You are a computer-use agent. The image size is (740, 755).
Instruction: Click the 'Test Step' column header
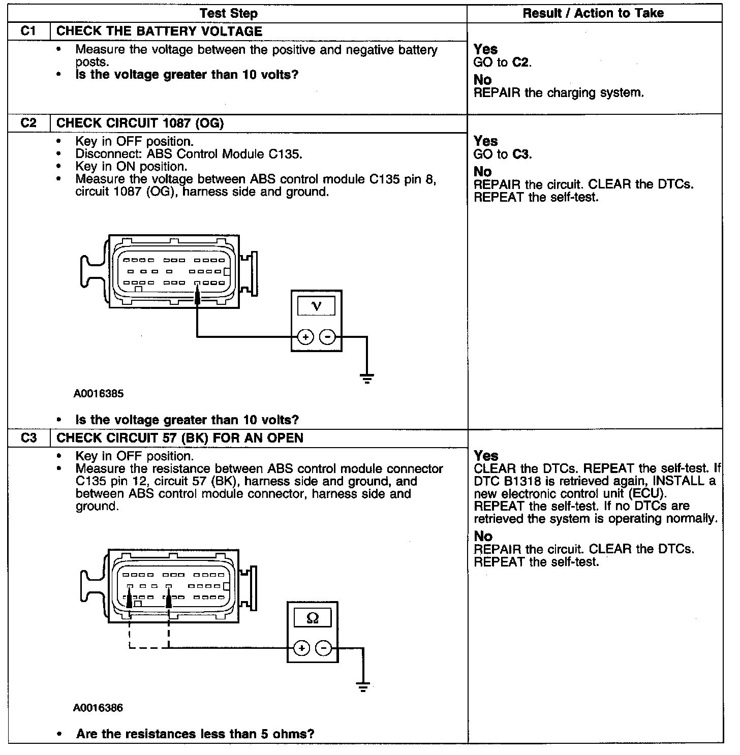pos(228,13)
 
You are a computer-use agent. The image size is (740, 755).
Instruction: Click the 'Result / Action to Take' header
pos(593,13)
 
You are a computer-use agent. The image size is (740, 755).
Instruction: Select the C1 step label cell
pos(29,31)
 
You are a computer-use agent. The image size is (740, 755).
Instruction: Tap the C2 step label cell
pos(29,123)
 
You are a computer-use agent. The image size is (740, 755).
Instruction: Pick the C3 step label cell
pos(29,438)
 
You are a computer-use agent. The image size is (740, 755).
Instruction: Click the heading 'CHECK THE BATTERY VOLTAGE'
pos(159,31)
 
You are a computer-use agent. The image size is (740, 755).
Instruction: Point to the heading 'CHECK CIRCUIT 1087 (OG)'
pos(140,123)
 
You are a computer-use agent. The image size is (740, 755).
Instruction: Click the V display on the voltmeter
pos(316,306)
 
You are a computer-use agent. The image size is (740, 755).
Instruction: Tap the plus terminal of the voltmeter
pos(305,337)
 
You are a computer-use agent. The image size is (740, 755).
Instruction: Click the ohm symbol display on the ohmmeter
pos(313,618)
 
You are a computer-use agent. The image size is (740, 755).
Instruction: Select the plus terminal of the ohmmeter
pos(301,648)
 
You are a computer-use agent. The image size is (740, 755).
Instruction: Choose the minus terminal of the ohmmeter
pos(324,648)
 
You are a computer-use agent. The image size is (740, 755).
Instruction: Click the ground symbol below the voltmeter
pos(366,379)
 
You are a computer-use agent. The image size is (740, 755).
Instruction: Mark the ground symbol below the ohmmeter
pos(362,687)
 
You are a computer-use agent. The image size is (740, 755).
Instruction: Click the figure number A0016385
pos(98,393)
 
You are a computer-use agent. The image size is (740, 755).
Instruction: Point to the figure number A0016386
pos(98,708)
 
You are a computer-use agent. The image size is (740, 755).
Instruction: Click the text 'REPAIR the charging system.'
pos(559,93)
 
